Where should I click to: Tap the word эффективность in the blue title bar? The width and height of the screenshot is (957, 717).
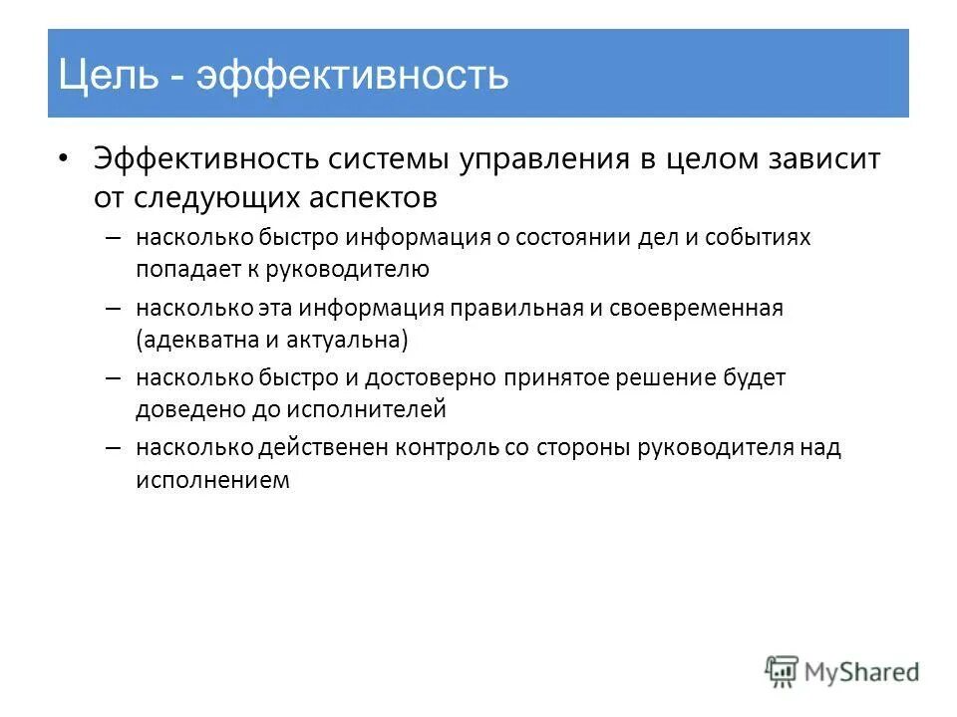pyautogui.click(x=352, y=76)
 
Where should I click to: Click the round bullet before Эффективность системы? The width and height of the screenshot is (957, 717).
pyautogui.click(x=64, y=159)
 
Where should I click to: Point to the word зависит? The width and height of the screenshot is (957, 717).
pyautogui.click(x=823, y=160)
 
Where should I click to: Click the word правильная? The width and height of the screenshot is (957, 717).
pyautogui.click(x=515, y=309)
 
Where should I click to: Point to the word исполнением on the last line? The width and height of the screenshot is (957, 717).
pyautogui.click(x=213, y=479)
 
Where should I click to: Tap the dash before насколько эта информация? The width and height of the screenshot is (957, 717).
pyautogui.click(x=112, y=309)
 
